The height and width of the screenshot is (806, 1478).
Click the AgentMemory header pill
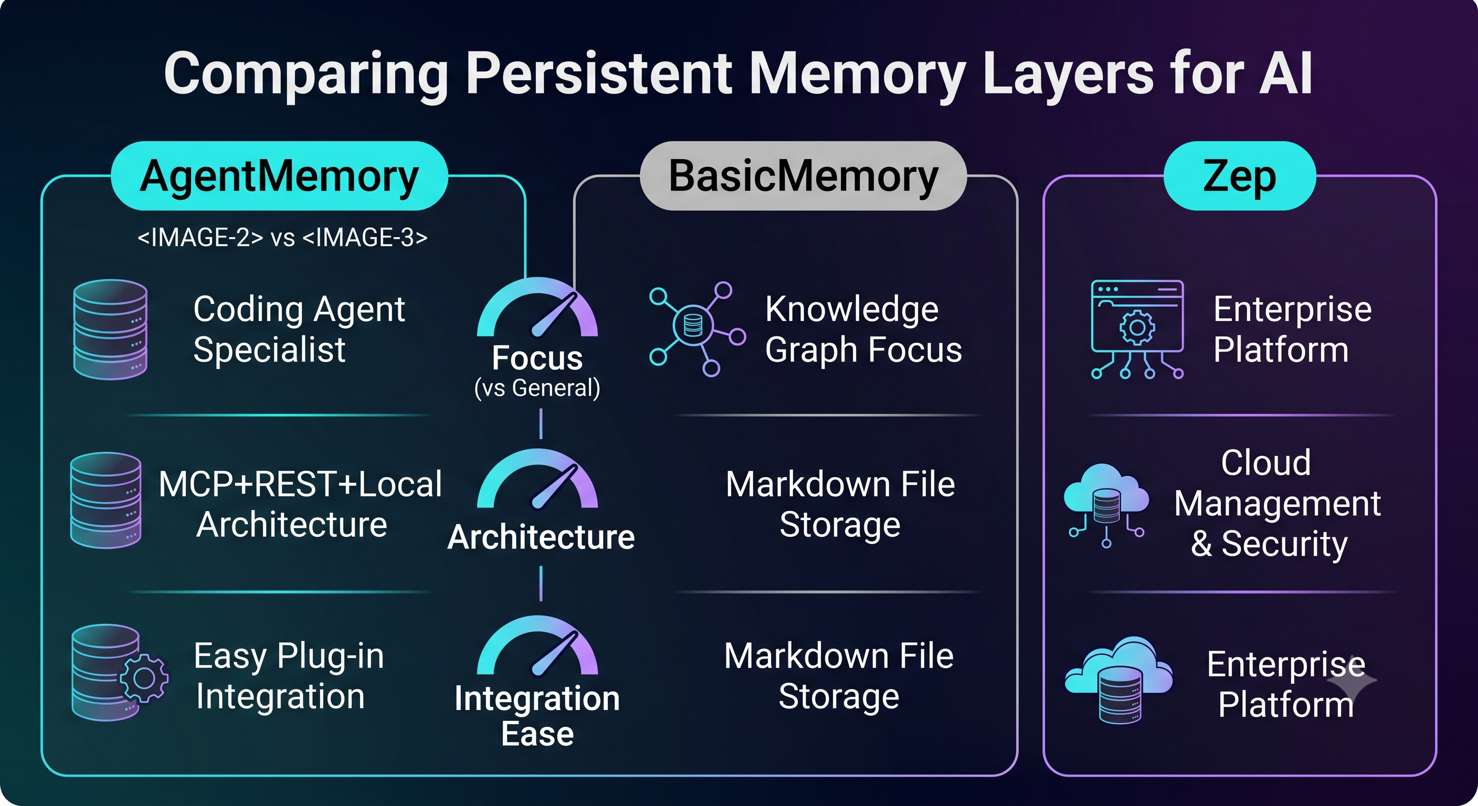(x=279, y=176)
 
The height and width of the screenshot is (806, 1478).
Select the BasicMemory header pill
(x=803, y=176)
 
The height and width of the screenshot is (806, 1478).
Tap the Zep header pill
(x=1239, y=176)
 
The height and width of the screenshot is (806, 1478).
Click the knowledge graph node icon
(x=697, y=328)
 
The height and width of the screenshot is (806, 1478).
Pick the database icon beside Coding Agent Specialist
(x=110, y=330)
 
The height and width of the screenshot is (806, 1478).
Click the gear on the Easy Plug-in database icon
(x=144, y=678)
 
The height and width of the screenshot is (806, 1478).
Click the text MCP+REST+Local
(x=300, y=484)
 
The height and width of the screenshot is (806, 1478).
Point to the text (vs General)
(x=537, y=388)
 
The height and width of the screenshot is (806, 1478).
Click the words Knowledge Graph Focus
(x=863, y=330)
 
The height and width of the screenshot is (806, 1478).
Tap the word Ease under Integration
(x=537, y=734)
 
